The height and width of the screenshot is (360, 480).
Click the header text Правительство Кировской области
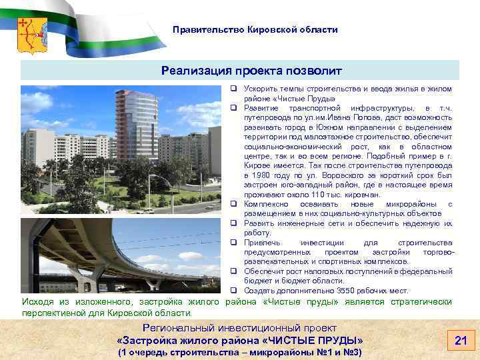click(x=255, y=30)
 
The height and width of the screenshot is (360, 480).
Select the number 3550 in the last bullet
click(x=332, y=290)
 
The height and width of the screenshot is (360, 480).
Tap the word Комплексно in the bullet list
click(x=265, y=203)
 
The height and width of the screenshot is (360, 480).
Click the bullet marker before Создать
click(x=235, y=290)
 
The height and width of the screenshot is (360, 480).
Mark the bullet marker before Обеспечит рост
click(x=235, y=271)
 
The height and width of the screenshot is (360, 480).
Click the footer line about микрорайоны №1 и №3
click(x=239, y=352)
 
